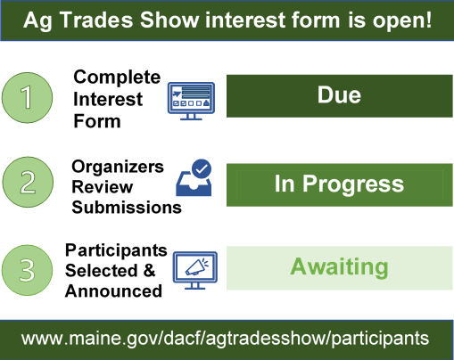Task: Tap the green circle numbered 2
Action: click(x=30, y=184)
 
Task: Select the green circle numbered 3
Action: click(x=30, y=267)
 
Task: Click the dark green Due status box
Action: click(x=338, y=95)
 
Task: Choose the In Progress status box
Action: click(x=338, y=184)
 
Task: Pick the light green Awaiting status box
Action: click(x=338, y=267)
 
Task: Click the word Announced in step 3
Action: click(x=113, y=290)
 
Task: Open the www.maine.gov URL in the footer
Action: click(x=226, y=339)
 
